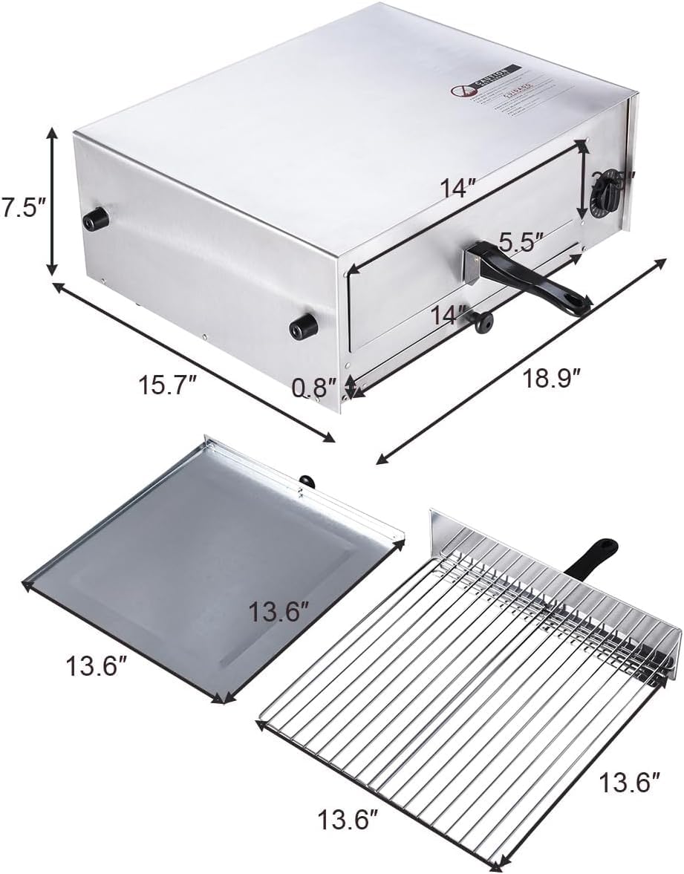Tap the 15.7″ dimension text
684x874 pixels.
[x=169, y=385]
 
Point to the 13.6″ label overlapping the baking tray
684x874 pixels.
[x=279, y=613]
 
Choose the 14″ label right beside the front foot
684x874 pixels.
[x=452, y=314]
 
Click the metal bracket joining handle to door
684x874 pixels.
[x=472, y=266]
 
